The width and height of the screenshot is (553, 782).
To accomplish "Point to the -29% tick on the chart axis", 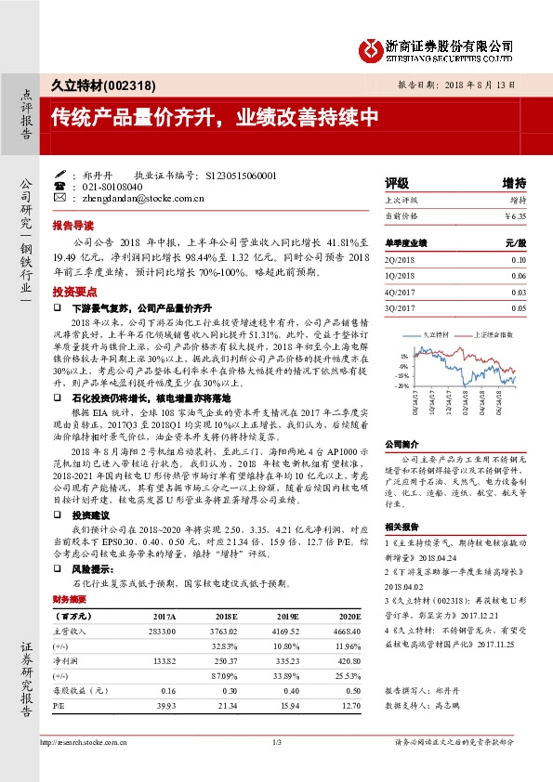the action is pos(402,385).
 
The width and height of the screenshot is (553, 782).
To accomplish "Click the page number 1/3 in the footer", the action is pos(276,742).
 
